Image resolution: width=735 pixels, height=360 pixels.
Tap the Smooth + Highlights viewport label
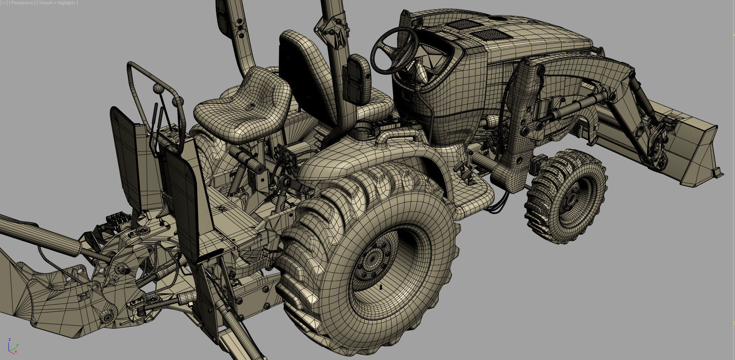coord(58,3)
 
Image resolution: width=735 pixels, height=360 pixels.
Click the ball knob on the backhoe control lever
coord(158,88)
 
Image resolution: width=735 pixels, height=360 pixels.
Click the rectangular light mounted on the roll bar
coord(358,79)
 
